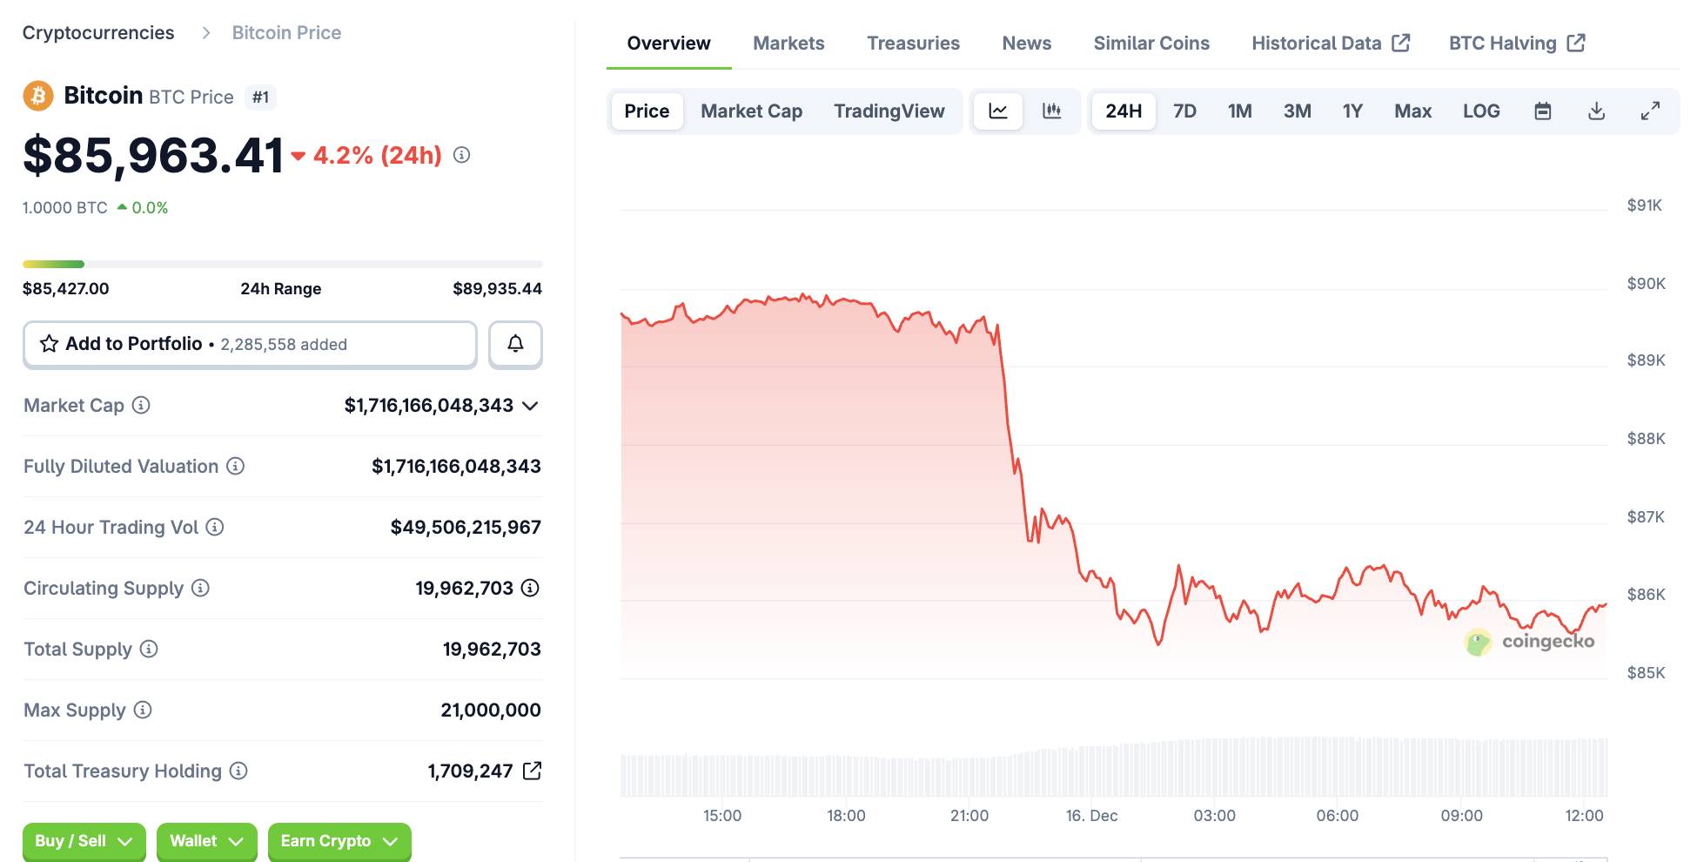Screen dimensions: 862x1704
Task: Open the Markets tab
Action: [x=788, y=44]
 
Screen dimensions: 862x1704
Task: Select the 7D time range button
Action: [x=1184, y=111]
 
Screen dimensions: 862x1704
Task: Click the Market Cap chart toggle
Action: [x=751, y=111]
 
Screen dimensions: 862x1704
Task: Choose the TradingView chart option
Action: [x=889, y=111]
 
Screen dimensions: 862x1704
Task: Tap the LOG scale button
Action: [x=1480, y=111]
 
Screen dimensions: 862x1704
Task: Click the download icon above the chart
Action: [x=1596, y=111]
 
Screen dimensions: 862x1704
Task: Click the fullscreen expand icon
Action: [x=1650, y=111]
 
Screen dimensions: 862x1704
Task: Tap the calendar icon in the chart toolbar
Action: [x=1542, y=111]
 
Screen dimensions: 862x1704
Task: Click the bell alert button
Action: [x=515, y=344]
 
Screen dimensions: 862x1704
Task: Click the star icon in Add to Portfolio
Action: [x=50, y=344]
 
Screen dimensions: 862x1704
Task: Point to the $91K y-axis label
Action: [x=1644, y=205]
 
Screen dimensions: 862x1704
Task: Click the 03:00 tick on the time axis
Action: [x=1214, y=816]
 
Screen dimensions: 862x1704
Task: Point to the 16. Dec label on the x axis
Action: [x=1091, y=816]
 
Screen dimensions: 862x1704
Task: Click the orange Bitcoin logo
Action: [x=37, y=96]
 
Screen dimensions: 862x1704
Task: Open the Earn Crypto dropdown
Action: [x=339, y=841]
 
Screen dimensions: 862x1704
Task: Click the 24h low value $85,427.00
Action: [x=66, y=289]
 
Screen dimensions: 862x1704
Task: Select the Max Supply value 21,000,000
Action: [x=490, y=710]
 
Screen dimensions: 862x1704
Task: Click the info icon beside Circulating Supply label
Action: [x=200, y=588]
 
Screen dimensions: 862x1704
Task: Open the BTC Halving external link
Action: [x=1517, y=44]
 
